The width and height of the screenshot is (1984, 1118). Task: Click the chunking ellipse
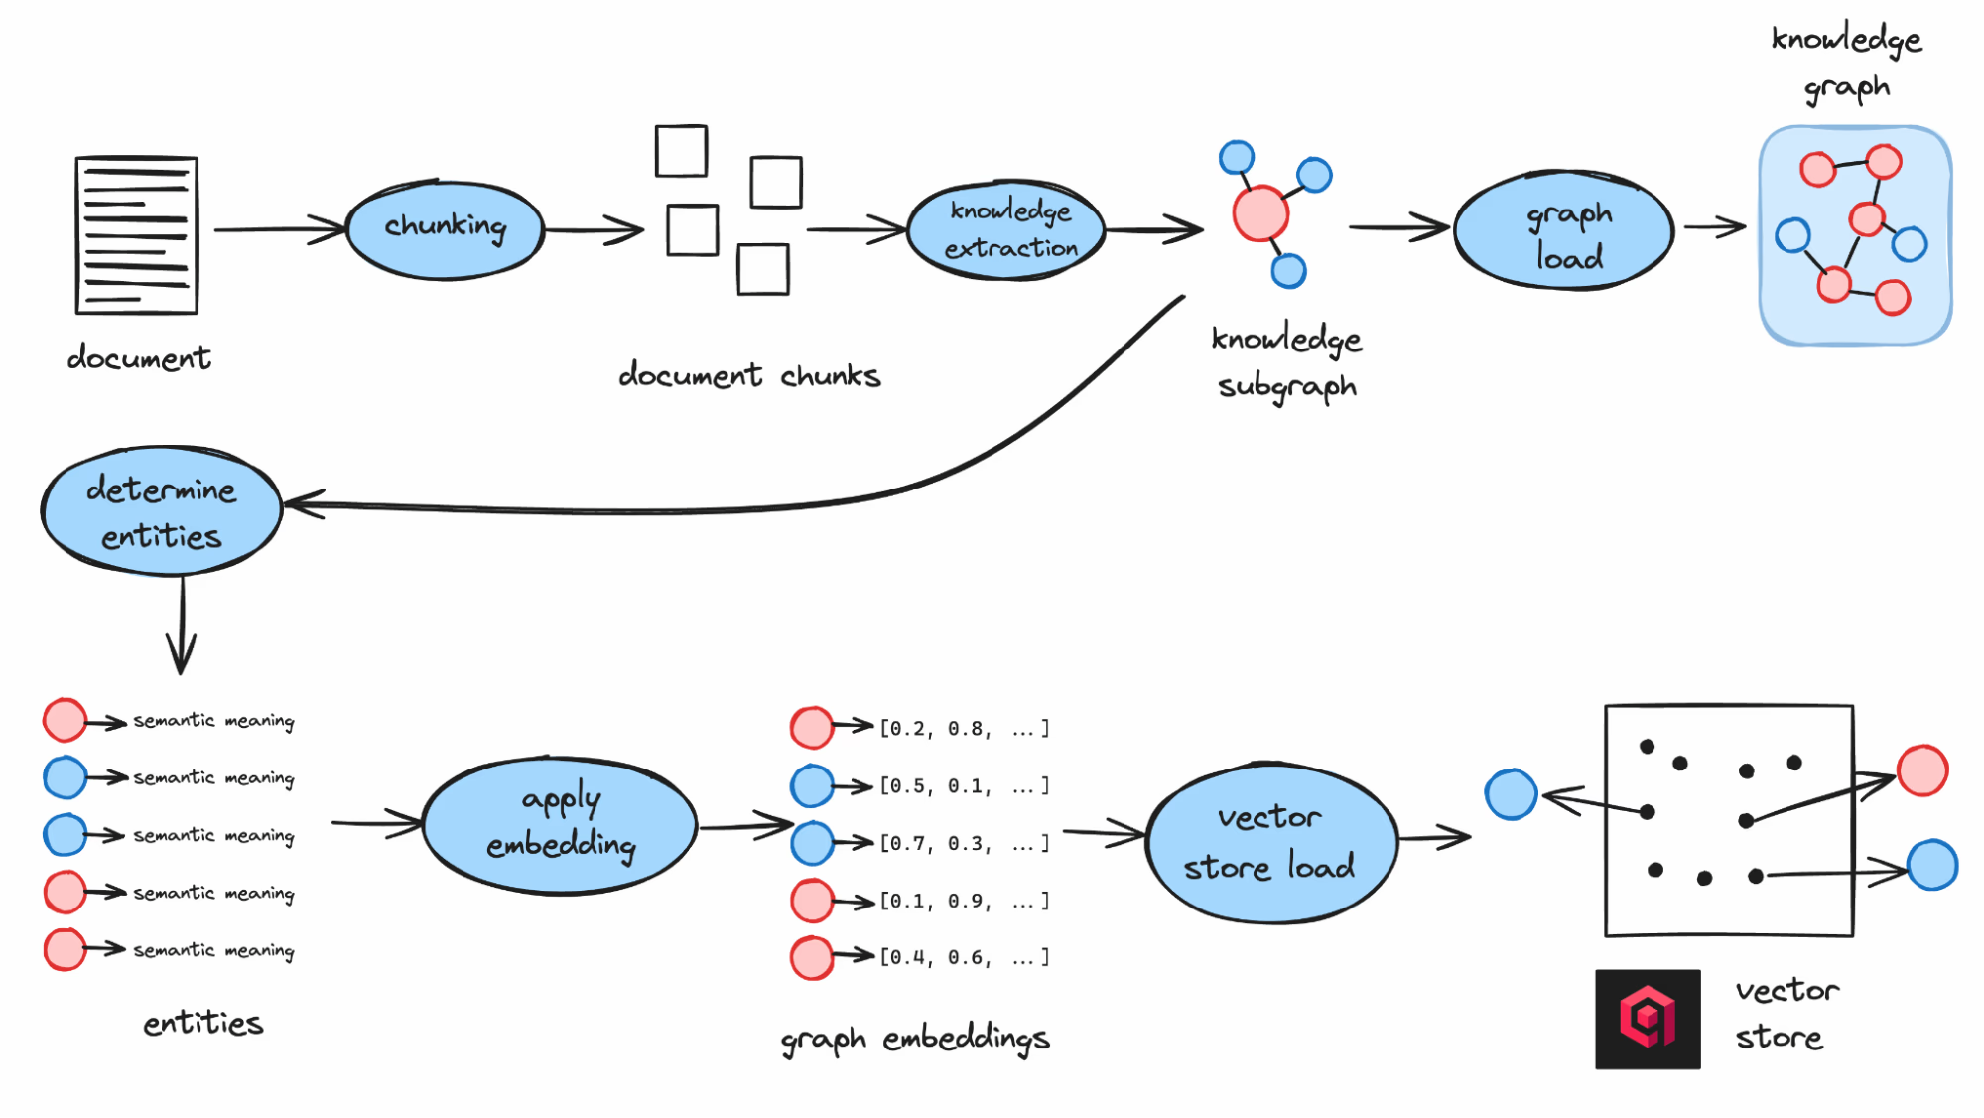[445, 229]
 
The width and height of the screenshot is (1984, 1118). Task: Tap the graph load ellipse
[1564, 231]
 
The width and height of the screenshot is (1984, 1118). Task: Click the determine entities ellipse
[162, 510]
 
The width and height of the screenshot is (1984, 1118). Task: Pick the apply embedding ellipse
[560, 825]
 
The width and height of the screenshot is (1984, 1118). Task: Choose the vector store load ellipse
[1270, 843]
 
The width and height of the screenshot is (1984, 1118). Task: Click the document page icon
[137, 235]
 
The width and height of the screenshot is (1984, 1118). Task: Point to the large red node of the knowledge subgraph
[1259, 212]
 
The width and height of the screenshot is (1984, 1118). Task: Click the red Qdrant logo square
[1648, 1019]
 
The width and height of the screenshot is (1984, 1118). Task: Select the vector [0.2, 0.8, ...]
[963, 729]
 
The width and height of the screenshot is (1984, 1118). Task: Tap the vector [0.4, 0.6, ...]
[963, 958]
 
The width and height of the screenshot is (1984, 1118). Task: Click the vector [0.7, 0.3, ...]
[963, 844]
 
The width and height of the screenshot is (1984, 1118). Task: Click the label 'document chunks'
[749, 375]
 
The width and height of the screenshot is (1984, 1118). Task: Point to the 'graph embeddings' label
[914, 1039]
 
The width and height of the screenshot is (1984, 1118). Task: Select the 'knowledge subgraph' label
[1286, 362]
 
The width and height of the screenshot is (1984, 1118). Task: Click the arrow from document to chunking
[278, 229]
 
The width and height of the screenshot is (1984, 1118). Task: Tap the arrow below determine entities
[182, 626]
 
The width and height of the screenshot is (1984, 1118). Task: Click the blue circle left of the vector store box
[1511, 794]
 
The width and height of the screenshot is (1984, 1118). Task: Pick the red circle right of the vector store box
[1922, 770]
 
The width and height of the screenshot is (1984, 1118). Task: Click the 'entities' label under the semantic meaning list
[203, 1023]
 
